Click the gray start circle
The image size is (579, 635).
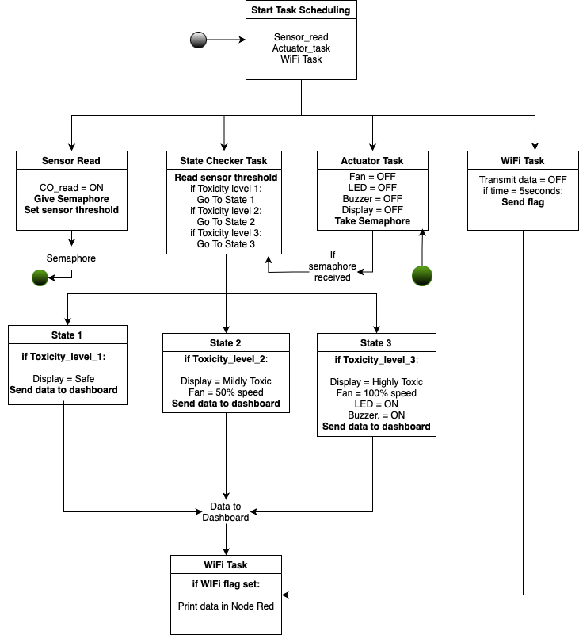[199, 40]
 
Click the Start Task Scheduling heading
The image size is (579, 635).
[301, 10]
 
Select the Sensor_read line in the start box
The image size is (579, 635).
[301, 37]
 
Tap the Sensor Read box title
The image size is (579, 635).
[71, 161]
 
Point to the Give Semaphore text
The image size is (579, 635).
[71, 199]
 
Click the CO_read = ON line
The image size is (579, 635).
[71, 188]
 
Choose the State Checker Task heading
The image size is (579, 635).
[226, 161]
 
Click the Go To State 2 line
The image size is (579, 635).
[226, 222]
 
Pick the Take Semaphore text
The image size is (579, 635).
[372, 221]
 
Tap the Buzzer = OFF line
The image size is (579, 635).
[372, 199]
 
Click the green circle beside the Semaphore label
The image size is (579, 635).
[40, 277]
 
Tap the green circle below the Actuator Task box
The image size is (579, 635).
[423, 276]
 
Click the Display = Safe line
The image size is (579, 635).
[67, 379]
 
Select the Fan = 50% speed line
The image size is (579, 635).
[226, 392]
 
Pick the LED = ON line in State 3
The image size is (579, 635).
[376, 404]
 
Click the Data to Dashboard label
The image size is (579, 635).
[226, 512]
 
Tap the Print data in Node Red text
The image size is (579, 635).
[226, 606]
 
